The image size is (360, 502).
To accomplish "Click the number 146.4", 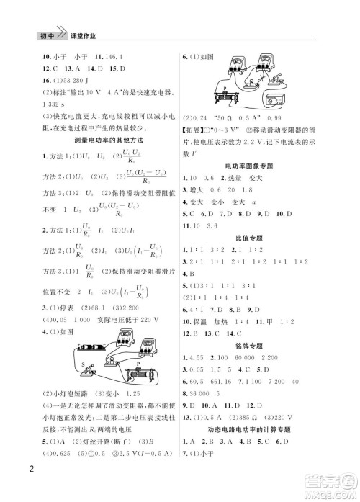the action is (112, 55).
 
